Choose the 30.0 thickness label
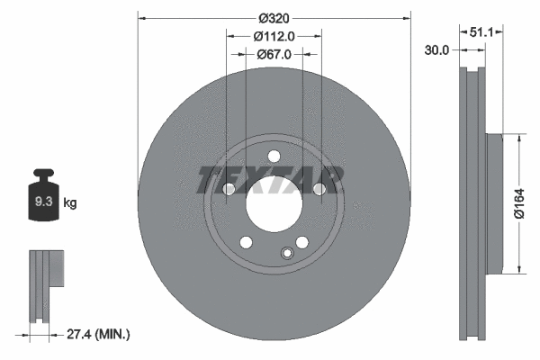[x=436, y=50]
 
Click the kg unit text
[x=70, y=204]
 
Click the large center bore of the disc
[x=273, y=204]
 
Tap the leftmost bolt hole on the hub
[x=228, y=190]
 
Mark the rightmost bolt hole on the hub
[x=319, y=188]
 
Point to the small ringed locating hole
[x=287, y=253]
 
